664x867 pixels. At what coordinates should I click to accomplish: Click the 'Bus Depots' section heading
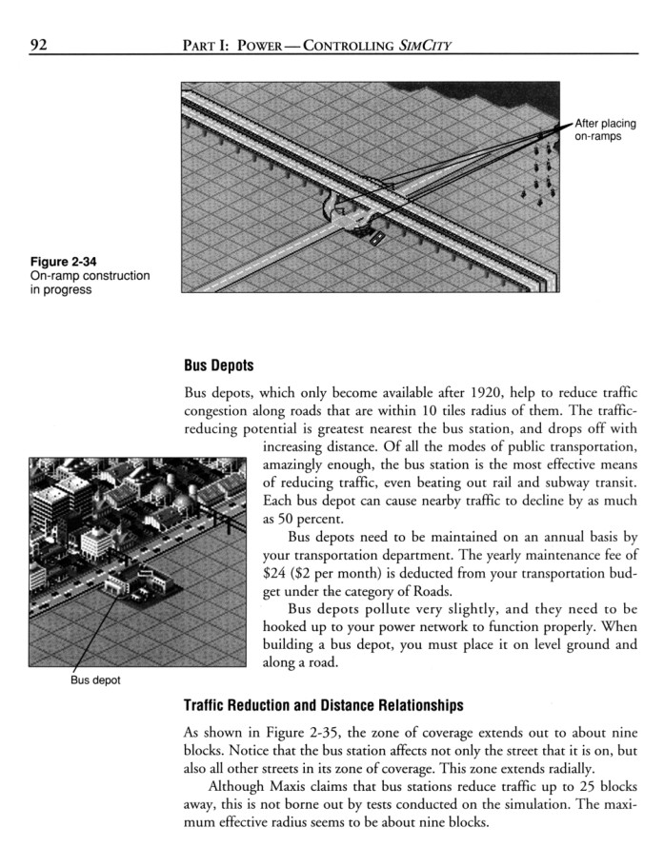click(x=221, y=365)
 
